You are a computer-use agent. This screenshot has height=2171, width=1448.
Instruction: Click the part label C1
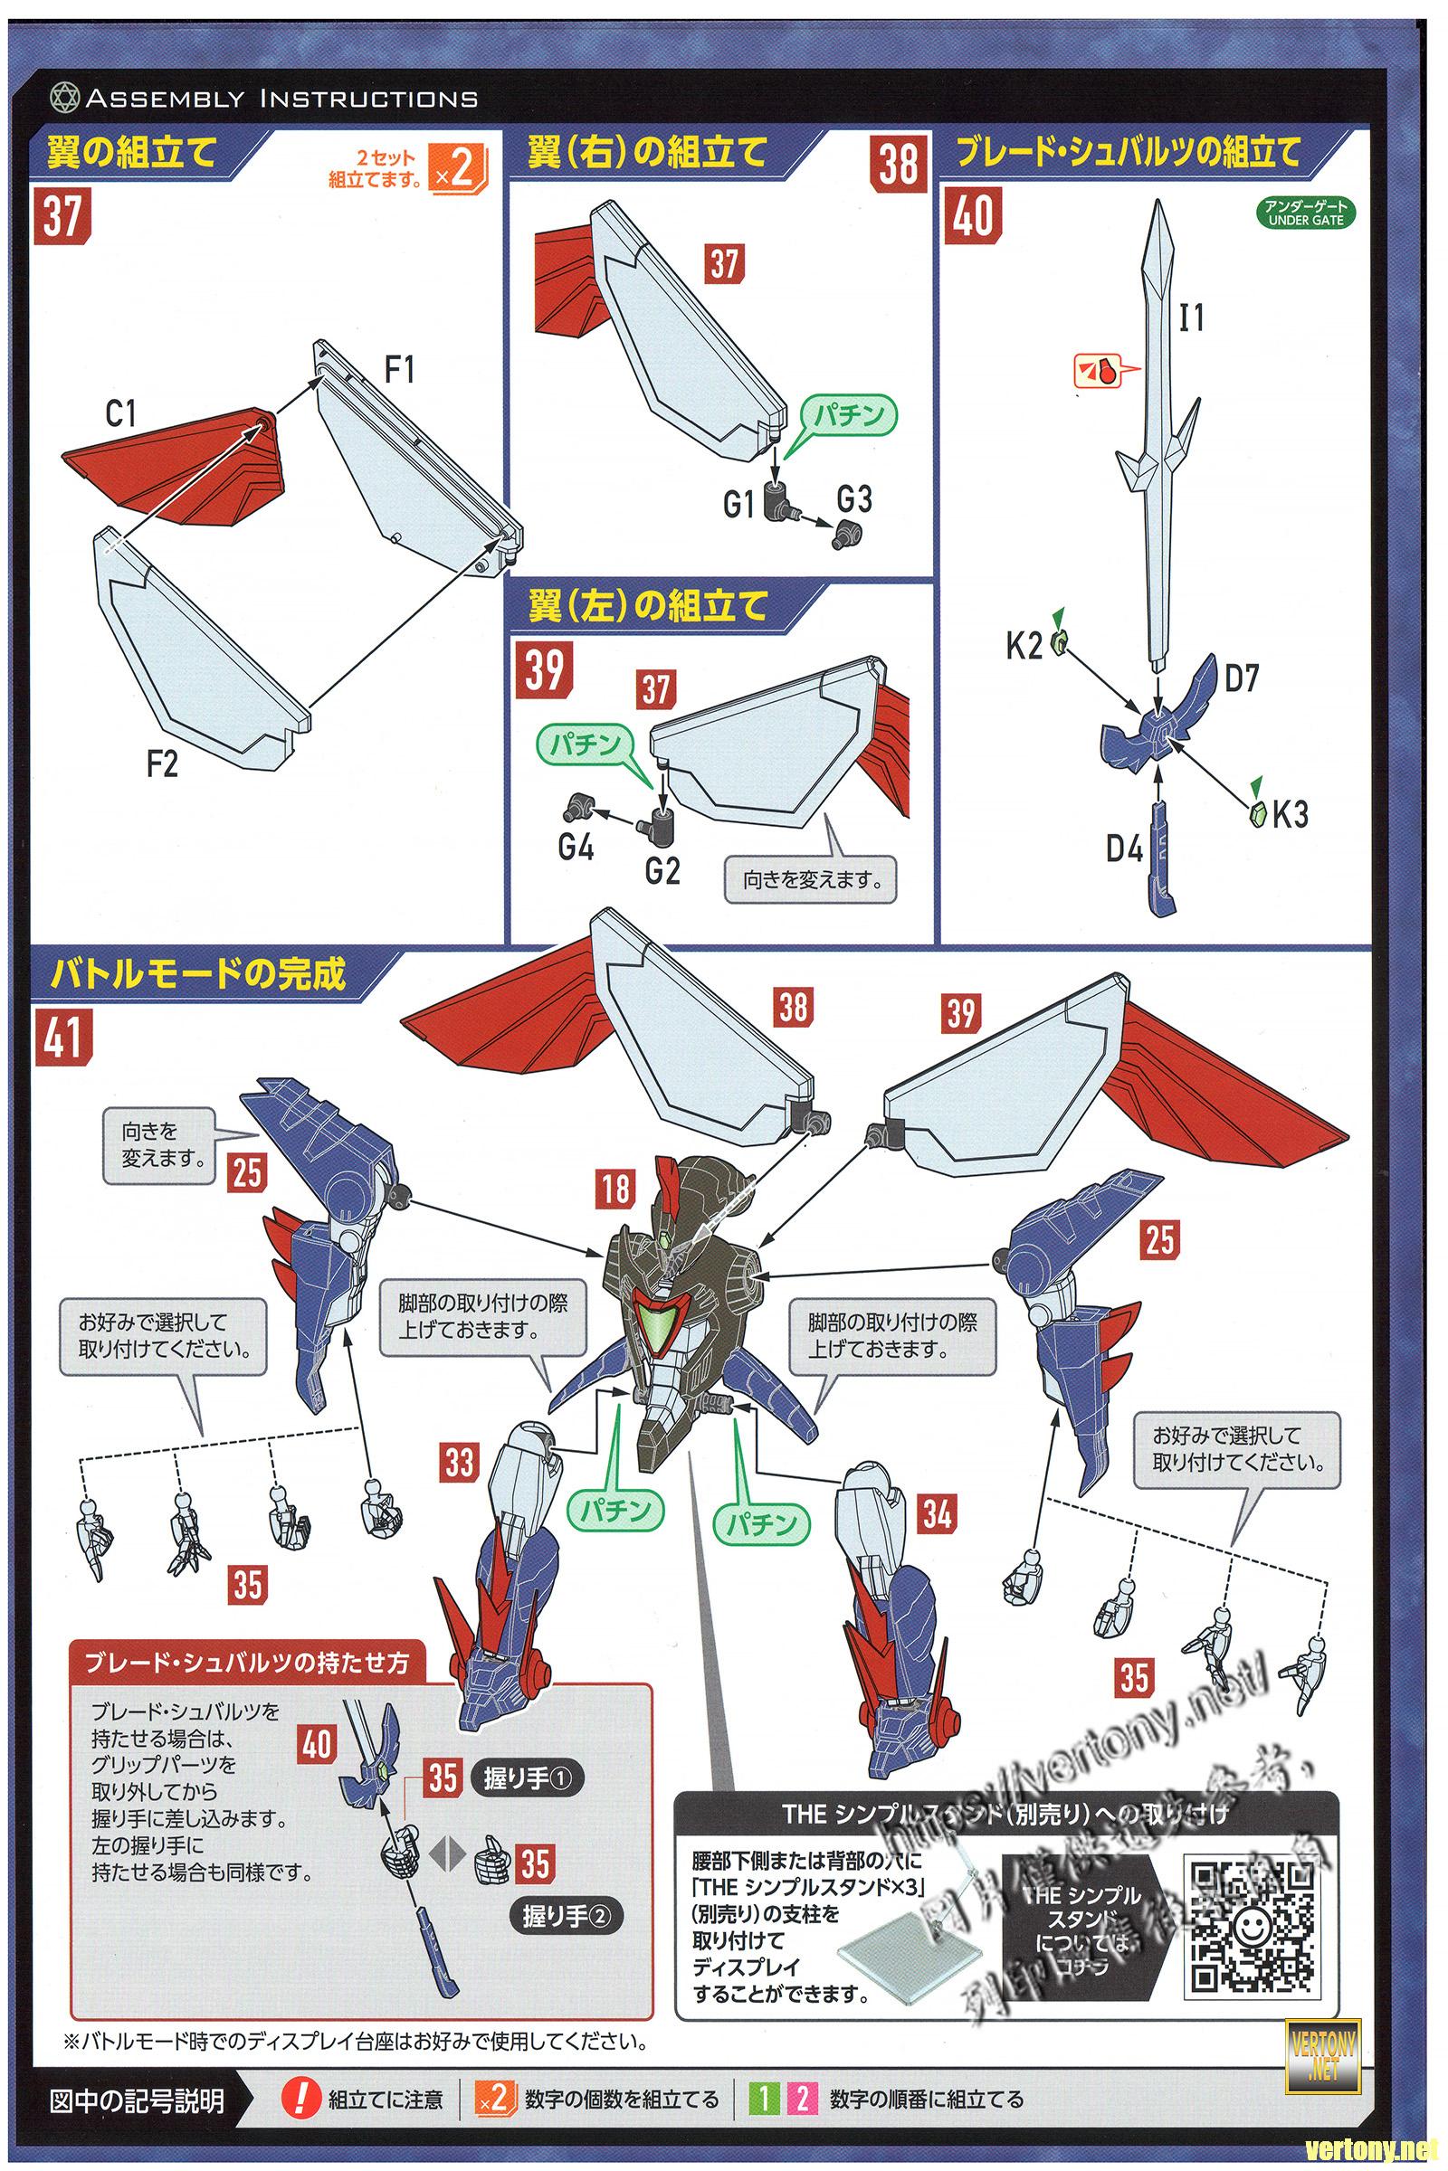click(x=121, y=414)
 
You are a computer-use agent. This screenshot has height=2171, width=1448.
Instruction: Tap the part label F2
click(x=162, y=763)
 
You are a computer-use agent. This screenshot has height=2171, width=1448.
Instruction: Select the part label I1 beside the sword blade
click(x=1191, y=318)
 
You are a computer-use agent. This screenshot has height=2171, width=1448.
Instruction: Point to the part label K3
click(x=1291, y=814)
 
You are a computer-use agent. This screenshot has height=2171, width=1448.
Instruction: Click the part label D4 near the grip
click(x=1124, y=848)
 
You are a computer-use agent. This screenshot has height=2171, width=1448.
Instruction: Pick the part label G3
click(x=854, y=499)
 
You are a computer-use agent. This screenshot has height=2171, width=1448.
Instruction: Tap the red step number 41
click(x=62, y=1038)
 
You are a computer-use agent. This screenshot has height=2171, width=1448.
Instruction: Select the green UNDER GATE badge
click(x=1306, y=214)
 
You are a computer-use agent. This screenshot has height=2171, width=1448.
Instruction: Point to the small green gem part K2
click(x=1060, y=642)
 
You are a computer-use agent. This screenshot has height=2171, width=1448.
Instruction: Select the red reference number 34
click(x=937, y=1514)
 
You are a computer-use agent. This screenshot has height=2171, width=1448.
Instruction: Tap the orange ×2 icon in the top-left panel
click(x=459, y=168)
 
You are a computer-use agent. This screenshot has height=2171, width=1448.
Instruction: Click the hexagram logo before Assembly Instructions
click(x=64, y=98)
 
